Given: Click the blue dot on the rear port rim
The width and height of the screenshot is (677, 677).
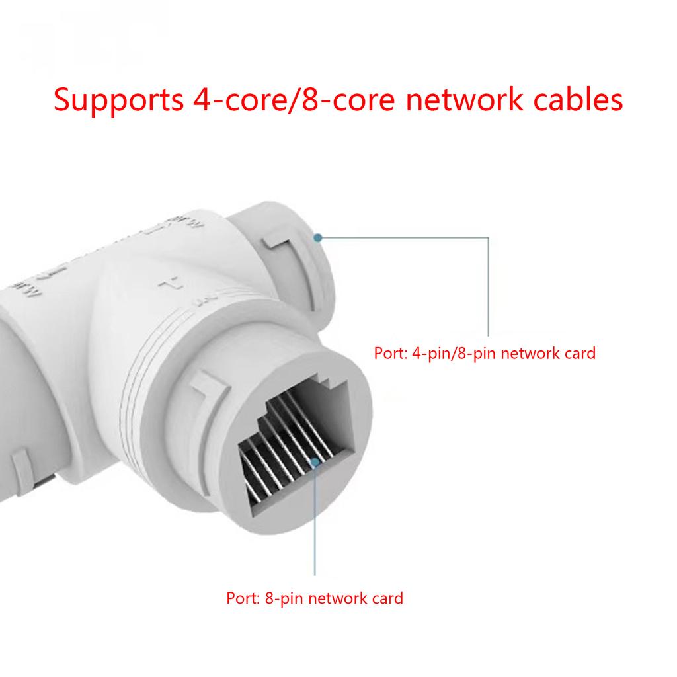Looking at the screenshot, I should tap(318, 237).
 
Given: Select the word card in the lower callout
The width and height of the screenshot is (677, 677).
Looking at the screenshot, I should tap(386, 599).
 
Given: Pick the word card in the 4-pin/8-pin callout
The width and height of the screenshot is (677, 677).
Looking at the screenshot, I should tap(579, 353).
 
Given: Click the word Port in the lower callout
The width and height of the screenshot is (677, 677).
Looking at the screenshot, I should tap(241, 599).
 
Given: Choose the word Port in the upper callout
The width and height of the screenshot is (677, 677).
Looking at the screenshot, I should tap(389, 353).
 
